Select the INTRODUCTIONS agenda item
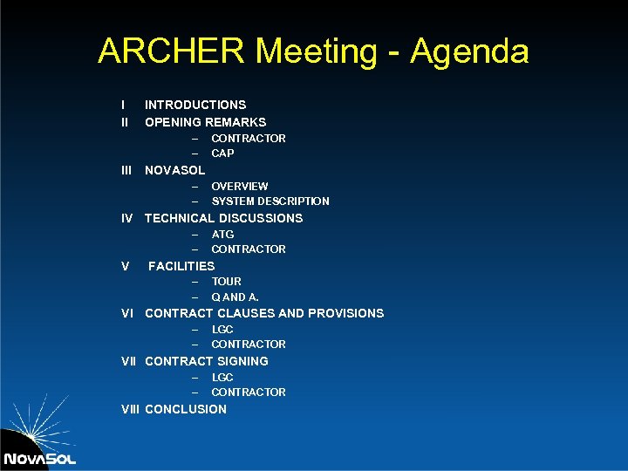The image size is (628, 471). coord(195,105)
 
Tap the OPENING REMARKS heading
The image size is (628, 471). coord(205,122)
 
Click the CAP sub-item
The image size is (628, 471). coord(222,154)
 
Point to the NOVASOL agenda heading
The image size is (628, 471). coord(174,170)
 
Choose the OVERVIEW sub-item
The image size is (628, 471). coord(239,187)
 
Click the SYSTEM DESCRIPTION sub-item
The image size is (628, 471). coord(270,201)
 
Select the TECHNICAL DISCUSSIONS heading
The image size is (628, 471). coord(223,218)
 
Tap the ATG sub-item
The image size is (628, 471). coord(222,235)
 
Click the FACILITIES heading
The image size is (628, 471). coord(181,266)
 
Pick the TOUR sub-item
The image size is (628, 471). coord(227,282)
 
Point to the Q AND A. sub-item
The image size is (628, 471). coord(235,297)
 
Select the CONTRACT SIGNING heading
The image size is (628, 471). coord(207,361)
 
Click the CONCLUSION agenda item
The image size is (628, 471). coord(186,409)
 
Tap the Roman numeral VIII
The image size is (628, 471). coord(130,409)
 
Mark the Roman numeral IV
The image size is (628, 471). coord(127,218)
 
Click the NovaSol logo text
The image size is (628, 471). coord(39,459)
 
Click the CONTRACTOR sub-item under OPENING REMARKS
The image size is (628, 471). coord(249,139)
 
